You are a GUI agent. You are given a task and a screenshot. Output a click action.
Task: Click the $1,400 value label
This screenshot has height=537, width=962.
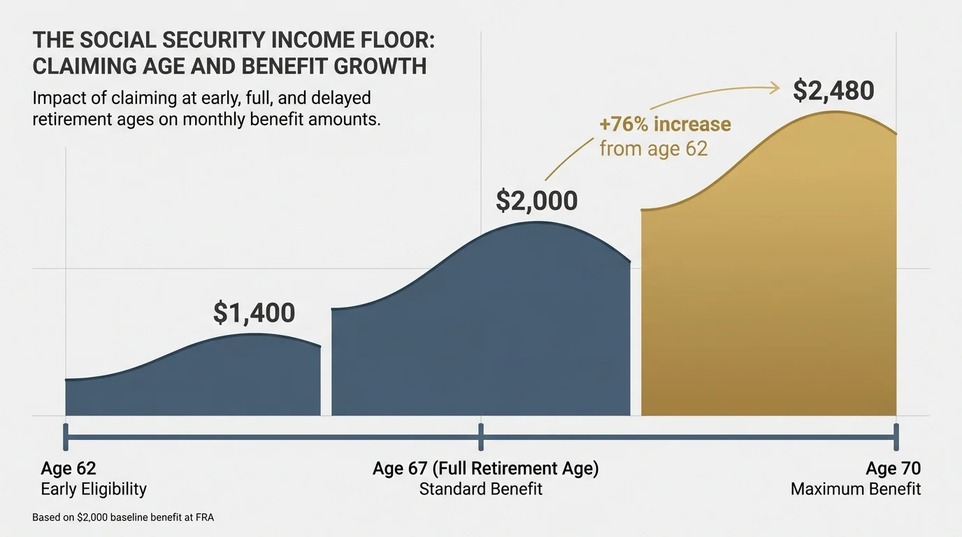pyautogui.click(x=254, y=313)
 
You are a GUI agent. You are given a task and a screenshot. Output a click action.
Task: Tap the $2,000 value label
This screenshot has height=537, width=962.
pyautogui.click(x=536, y=201)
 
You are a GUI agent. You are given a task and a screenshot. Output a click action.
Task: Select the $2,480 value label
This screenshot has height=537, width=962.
pyautogui.click(x=833, y=92)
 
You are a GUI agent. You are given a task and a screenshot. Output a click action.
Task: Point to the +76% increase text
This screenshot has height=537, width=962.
pyautogui.click(x=664, y=125)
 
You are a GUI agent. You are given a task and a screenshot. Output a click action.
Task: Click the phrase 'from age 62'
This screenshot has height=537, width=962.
pyautogui.click(x=653, y=148)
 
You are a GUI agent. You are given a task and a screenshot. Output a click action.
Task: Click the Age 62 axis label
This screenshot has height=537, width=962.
pyautogui.click(x=68, y=468)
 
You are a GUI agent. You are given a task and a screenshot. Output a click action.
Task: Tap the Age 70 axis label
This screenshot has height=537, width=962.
pyautogui.click(x=893, y=468)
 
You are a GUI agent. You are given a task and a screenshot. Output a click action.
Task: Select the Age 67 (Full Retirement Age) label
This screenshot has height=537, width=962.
pyautogui.click(x=485, y=468)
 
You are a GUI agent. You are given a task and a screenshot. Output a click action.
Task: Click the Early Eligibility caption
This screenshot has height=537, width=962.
pyautogui.click(x=94, y=489)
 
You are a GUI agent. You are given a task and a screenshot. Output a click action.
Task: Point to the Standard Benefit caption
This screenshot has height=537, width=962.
pyautogui.click(x=480, y=489)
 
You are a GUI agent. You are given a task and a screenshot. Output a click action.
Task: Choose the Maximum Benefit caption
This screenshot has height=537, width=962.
pyautogui.click(x=855, y=489)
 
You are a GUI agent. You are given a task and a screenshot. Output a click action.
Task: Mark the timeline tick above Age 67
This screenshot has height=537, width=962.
pyautogui.click(x=481, y=437)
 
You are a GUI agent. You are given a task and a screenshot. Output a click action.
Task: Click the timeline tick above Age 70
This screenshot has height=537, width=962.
pyautogui.click(x=896, y=437)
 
